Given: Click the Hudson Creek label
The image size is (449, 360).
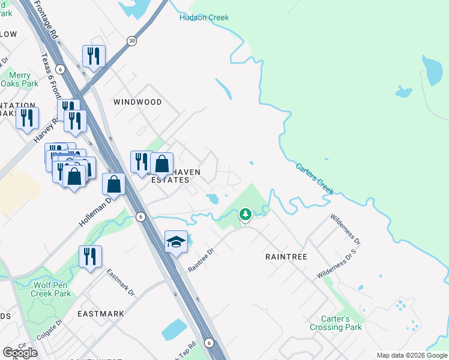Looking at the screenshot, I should point(204,17).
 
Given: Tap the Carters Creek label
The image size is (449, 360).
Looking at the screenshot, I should point(315,178).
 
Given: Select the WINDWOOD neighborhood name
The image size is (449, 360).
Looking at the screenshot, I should point(137,102).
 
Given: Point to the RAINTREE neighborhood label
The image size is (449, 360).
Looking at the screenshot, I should point(286,256).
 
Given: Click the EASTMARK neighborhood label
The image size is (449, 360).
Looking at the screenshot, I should point(101,313).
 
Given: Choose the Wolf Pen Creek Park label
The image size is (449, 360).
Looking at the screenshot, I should point(52,289).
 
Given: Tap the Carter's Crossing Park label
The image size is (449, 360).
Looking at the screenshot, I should point(336,323).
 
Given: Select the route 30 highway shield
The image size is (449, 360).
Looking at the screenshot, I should point(131,40).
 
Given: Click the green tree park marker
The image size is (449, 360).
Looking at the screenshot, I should point(245,214).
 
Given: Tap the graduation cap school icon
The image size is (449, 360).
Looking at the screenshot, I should point(176,242).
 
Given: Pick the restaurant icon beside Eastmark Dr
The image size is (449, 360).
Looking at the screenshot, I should point(90,256).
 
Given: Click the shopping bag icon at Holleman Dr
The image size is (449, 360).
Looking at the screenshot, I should point(113,184).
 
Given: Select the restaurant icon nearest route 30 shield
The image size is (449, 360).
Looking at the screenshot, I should point(94,56).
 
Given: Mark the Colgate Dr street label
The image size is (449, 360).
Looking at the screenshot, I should point(52,331).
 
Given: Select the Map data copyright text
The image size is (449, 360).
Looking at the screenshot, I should point(412,355).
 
